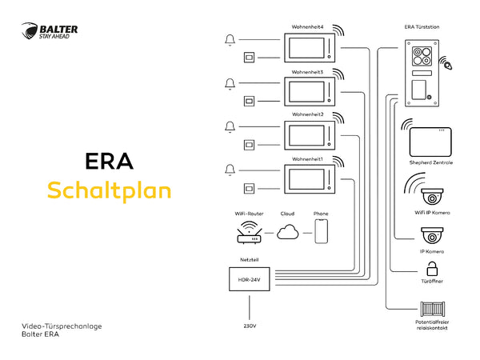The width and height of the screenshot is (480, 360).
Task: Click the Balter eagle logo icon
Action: [x=30, y=31]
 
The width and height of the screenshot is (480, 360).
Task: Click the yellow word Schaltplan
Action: [x=110, y=191]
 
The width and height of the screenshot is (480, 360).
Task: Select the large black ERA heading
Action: [x=110, y=162]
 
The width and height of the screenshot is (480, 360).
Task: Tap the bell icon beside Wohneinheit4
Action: [x=230, y=40]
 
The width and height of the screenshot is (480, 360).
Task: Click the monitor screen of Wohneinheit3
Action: [x=306, y=91]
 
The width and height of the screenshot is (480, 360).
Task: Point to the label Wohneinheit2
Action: [x=308, y=114]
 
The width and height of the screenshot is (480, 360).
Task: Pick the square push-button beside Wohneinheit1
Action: [x=249, y=188]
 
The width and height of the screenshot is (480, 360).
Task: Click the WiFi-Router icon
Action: [x=250, y=233]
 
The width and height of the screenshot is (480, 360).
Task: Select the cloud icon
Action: [x=288, y=232]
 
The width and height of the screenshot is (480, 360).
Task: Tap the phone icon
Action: [x=321, y=231]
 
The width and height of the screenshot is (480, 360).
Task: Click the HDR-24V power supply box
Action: [x=250, y=279]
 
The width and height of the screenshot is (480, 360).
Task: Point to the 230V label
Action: [x=250, y=326]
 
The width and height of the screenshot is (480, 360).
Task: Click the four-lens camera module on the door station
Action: [x=422, y=56]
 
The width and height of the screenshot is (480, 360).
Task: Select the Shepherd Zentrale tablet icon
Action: [x=430, y=142]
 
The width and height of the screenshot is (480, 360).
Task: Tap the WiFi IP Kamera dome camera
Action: [x=432, y=197]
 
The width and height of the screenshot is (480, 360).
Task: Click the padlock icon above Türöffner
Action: [x=432, y=269]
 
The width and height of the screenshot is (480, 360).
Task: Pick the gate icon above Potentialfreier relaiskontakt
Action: [x=432, y=309]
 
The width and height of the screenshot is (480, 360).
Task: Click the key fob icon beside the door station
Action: [x=446, y=64]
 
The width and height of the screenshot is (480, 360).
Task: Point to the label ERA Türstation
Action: [x=422, y=27]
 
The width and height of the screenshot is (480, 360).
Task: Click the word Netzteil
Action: [x=249, y=259]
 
